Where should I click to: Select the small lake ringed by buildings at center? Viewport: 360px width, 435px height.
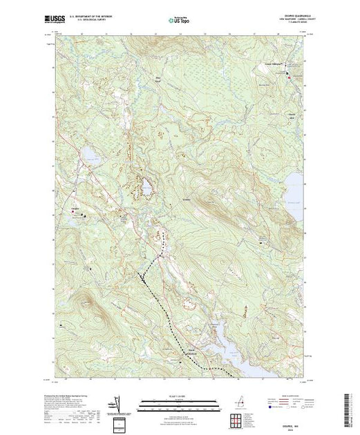(146, 186)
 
